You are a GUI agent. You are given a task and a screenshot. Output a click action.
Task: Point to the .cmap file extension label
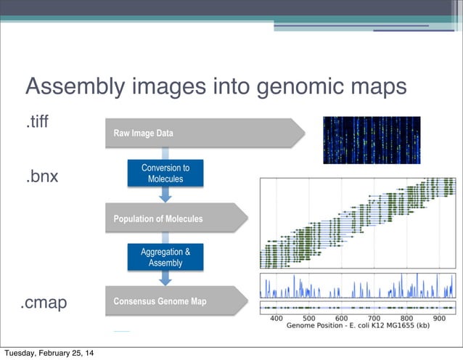pos(43,303)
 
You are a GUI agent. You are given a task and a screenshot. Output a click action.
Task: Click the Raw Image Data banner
pos(203,134)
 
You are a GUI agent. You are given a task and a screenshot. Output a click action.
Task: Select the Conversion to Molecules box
pos(165,173)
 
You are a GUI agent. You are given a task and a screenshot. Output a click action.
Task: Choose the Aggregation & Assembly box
pos(165,257)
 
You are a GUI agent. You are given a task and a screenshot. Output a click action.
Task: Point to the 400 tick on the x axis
pos(276,318)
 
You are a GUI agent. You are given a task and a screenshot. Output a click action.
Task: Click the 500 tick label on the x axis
pos(309,318)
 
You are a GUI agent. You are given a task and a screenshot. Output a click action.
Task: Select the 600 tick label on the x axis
pos(342,318)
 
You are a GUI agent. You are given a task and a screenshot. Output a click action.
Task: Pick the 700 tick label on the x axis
pos(374,318)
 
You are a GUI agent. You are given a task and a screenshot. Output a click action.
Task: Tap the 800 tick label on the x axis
pos(407,318)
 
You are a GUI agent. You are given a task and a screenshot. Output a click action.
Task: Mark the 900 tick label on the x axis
pos(439,318)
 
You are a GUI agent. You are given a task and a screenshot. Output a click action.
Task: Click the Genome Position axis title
pos(358,327)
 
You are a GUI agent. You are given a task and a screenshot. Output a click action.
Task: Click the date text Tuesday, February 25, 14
pos(48,353)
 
